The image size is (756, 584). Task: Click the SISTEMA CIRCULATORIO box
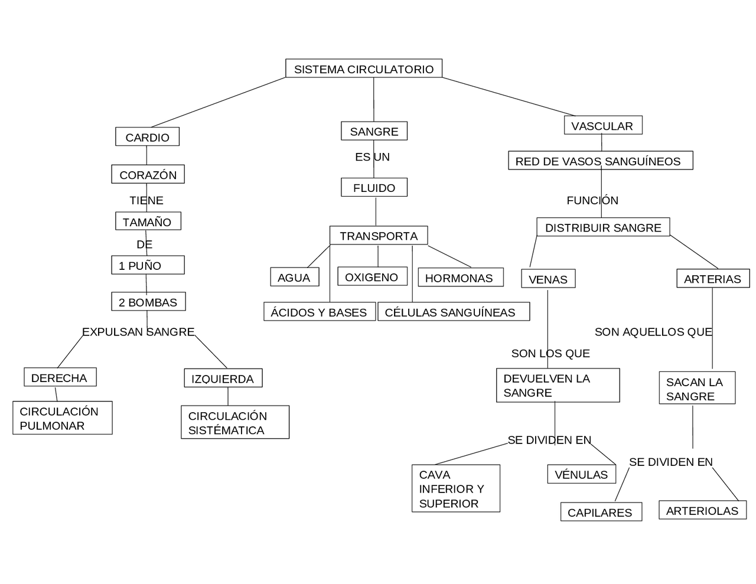[x=364, y=68]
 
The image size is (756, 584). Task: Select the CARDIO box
[x=147, y=136]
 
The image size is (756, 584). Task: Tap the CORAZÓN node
[x=148, y=174]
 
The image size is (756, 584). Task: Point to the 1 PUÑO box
[x=148, y=265]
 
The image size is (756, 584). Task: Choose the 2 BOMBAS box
[x=148, y=301]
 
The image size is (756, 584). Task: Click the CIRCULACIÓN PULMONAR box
[x=63, y=417]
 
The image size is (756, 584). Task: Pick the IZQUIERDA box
[x=223, y=378]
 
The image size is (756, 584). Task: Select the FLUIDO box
[x=374, y=187]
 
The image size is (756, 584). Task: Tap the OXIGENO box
[x=372, y=276]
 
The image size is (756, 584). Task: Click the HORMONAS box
[x=461, y=277]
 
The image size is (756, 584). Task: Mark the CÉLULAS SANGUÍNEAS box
[x=454, y=311]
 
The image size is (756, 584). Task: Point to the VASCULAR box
[x=603, y=125]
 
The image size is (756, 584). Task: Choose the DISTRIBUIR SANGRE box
[x=603, y=227]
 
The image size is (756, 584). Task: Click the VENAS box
[x=548, y=278]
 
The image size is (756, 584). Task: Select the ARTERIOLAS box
[x=702, y=510]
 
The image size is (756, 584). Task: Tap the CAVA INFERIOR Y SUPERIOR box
[x=456, y=488]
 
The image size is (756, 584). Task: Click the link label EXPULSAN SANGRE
[x=138, y=332]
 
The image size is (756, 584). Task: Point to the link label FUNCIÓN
[x=592, y=200]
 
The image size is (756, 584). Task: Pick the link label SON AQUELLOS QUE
[x=653, y=332]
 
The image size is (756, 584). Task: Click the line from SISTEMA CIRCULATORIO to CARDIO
[x=219, y=102]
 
